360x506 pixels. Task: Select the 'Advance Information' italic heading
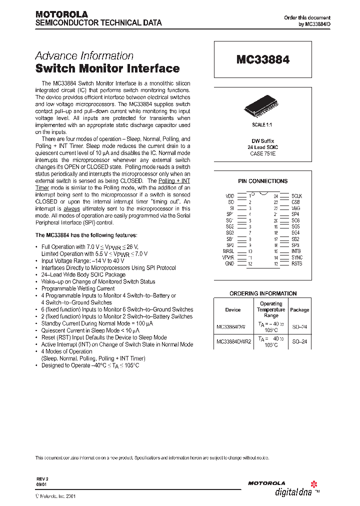84,56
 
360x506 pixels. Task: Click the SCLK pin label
296,196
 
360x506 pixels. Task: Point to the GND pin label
229,263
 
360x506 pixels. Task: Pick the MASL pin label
228,251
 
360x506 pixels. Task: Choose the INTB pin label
297,251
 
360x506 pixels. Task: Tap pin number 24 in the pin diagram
275,196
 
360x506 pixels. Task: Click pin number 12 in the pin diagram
250,263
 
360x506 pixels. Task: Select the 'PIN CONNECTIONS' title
262,181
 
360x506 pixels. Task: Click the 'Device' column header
232,309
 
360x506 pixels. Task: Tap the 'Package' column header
299,309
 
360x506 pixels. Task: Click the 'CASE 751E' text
262,154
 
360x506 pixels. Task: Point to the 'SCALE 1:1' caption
262,123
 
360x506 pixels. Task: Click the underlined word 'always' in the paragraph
71,208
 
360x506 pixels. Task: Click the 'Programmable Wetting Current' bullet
78,288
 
